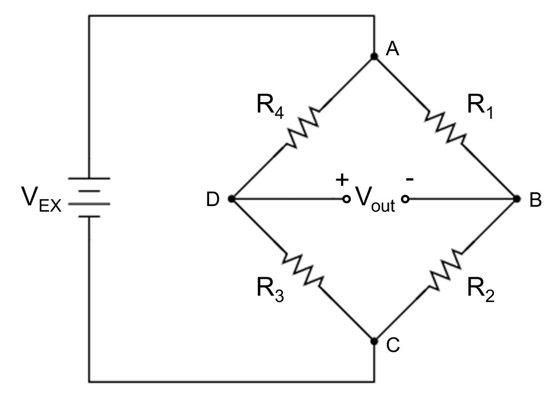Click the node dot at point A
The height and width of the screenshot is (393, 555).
click(x=374, y=57)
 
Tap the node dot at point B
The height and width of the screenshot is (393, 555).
click(x=517, y=199)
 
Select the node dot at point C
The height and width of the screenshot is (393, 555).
click(x=374, y=341)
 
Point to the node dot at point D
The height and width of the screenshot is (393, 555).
click(x=232, y=199)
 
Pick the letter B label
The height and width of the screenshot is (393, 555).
click(x=535, y=201)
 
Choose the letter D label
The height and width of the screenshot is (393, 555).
click(x=212, y=201)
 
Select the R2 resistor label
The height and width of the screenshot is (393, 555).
click(x=481, y=288)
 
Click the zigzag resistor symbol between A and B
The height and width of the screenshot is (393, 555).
click(x=445, y=128)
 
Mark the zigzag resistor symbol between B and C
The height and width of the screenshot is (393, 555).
click(x=446, y=270)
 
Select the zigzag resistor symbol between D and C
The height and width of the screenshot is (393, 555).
click(x=303, y=270)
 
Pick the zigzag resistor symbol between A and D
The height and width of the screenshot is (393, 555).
click(x=303, y=128)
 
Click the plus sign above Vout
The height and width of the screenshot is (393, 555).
click(x=343, y=179)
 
